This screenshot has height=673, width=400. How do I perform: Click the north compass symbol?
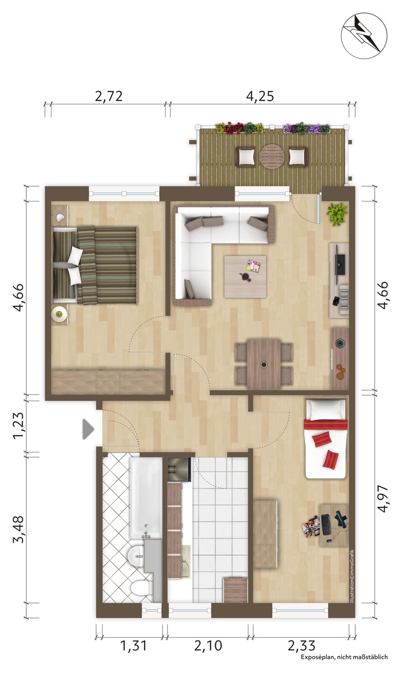pyautogui.click(x=364, y=35)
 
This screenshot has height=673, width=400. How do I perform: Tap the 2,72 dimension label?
pyautogui.click(x=109, y=97)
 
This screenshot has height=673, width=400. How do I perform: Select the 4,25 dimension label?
pyautogui.click(x=260, y=97)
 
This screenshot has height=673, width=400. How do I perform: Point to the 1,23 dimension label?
pyautogui.click(x=18, y=426)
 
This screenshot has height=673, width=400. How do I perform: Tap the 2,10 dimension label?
pyautogui.click(x=208, y=645)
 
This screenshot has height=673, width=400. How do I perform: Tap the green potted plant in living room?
pyautogui.click(x=337, y=214)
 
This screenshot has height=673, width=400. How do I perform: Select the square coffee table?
pyautogui.click(x=245, y=277)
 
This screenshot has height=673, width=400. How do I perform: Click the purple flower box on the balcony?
pyautogui.click(x=306, y=128)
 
